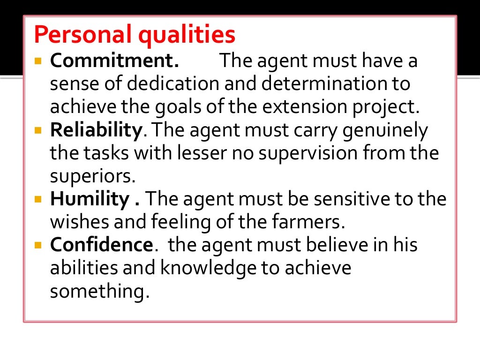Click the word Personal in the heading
pos(77,36)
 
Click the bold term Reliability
pos(96,131)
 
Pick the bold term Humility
pos(89,199)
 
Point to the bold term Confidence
pos(101,245)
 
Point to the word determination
pos(324,84)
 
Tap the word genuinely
pos(384,131)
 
